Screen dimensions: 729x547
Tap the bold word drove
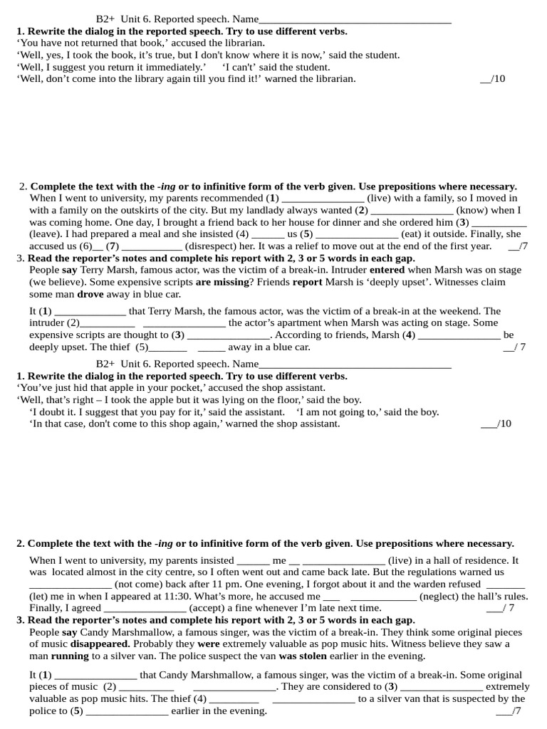pos(90,294)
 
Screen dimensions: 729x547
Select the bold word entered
pos(387,271)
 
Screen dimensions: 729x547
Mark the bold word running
pos(70,656)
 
